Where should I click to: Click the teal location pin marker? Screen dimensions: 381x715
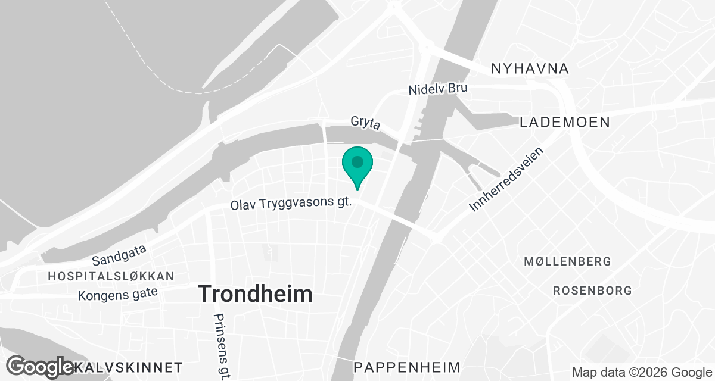pyautogui.click(x=357, y=167)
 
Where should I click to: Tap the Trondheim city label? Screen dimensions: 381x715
pyautogui.click(x=255, y=294)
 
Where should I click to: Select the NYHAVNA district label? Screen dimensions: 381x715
pyautogui.click(x=530, y=69)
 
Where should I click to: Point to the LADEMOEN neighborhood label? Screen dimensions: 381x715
pyautogui.click(x=564, y=123)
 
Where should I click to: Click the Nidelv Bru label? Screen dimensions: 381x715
pyautogui.click(x=438, y=89)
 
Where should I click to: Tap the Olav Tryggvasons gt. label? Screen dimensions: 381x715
pyautogui.click(x=292, y=204)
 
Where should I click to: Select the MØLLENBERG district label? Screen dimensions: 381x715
pyautogui.click(x=567, y=261)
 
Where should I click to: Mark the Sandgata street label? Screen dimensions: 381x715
pyautogui.click(x=120, y=257)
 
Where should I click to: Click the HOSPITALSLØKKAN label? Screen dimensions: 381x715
pyautogui.click(x=111, y=276)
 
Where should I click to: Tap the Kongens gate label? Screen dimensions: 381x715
pyautogui.click(x=118, y=294)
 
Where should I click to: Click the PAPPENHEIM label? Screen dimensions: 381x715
pyautogui.click(x=408, y=366)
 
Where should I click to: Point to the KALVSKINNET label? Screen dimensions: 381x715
pyautogui.click(x=128, y=366)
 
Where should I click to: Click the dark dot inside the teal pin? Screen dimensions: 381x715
pyautogui.click(x=357, y=161)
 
